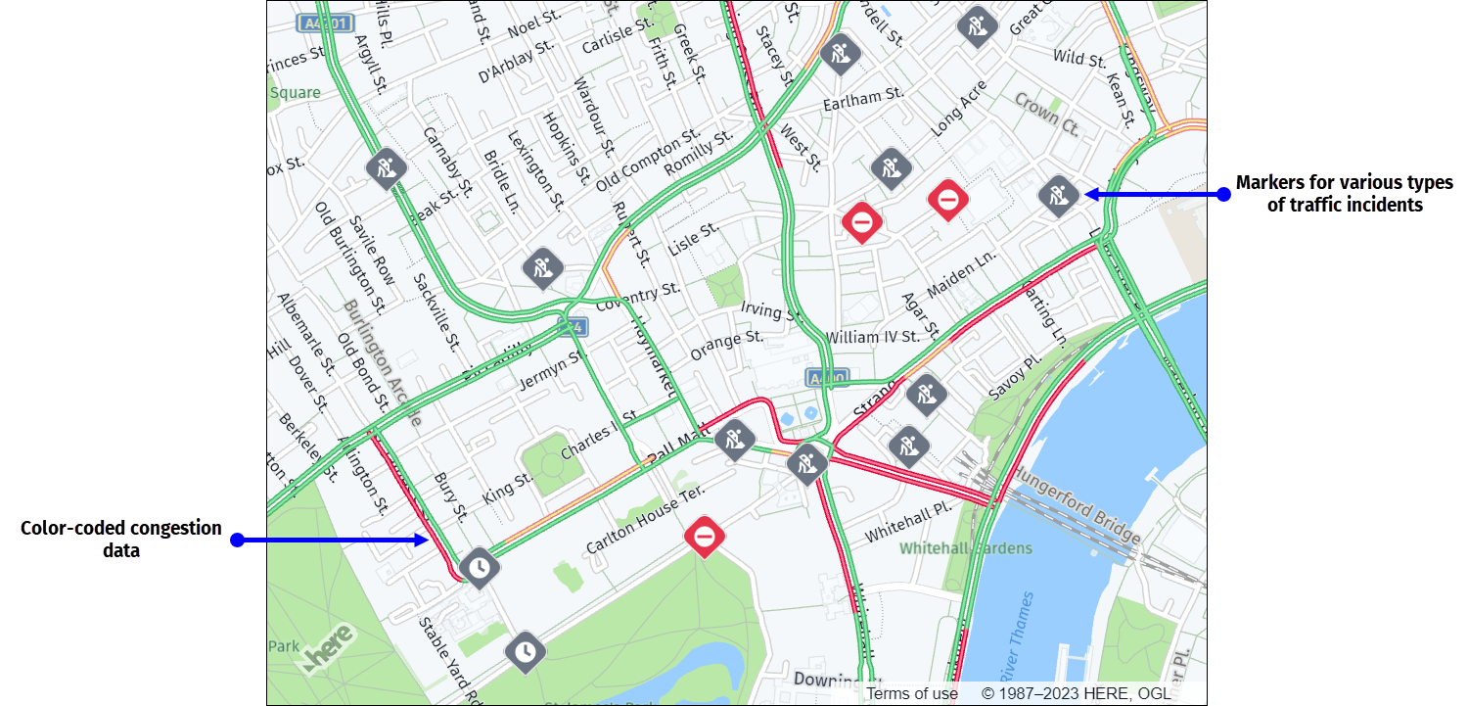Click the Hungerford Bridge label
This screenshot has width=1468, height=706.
pyautogui.click(x=1076, y=505)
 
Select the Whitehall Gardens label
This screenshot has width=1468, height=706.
pyautogui.click(x=966, y=548)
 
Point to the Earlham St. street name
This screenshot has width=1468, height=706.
pyautogui.click(x=862, y=97)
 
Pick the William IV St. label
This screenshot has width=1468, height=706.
pyautogui.click(x=873, y=336)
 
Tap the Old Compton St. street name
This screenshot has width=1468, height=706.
pyautogui.click(x=648, y=158)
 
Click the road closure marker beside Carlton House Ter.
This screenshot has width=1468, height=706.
pyautogui.click(x=705, y=537)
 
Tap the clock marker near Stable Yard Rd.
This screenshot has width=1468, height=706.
pyautogui.click(x=526, y=651)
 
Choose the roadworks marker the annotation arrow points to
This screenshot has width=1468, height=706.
pyautogui.click(x=1058, y=194)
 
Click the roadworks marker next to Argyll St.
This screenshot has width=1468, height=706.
pyautogui.click(x=386, y=168)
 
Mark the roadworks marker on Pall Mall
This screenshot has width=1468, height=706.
pyautogui.click(x=735, y=440)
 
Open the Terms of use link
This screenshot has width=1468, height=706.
pyautogui.click(x=912, y=693)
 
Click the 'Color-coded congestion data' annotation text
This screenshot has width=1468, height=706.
pyautogui.click(x=121, y=539)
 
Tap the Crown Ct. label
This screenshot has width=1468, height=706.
pyautogui.click(x=1046, y=115)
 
